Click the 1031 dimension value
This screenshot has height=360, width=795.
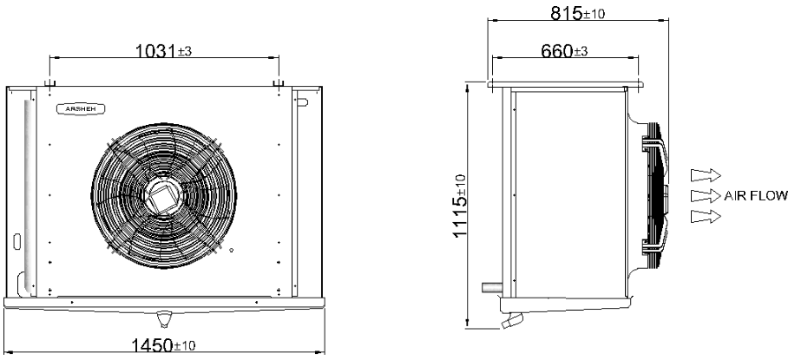(x=156, y=50)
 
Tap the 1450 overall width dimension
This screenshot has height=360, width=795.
(x=153, y=346)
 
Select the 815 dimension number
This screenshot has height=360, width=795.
(x=566, y=14)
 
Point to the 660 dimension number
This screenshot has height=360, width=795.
(x=556, y=51)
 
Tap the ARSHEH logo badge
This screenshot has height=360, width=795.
(x=81, y=108)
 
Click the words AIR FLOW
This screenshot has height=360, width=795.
(x=756, y=196)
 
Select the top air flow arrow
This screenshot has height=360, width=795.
(x=706, y=175)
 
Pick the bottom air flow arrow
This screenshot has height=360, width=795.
(x=706, y=217)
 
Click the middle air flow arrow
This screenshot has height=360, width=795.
(x=706, y=196)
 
